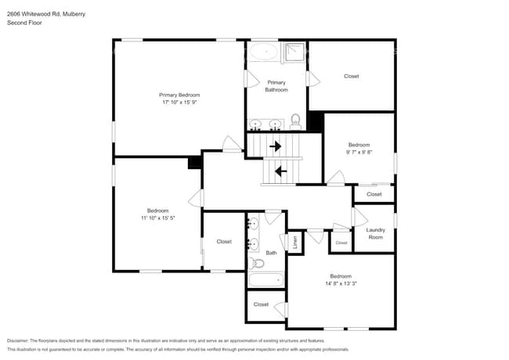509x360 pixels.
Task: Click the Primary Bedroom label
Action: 175,95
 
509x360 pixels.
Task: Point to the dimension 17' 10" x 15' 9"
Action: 175,103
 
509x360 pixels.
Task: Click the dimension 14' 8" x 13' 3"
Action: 341,284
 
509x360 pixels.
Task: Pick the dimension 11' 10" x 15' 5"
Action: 157,218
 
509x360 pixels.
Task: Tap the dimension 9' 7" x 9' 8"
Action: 359,153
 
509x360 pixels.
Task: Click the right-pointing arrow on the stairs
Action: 275,146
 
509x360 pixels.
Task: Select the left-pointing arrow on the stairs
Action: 280,170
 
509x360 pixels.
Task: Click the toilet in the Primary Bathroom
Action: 296,121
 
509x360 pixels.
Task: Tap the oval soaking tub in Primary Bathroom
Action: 263,52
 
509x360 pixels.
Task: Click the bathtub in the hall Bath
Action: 265,279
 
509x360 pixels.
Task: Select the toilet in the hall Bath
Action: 255,263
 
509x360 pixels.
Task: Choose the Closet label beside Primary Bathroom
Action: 352,76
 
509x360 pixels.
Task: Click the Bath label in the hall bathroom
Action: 271,253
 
